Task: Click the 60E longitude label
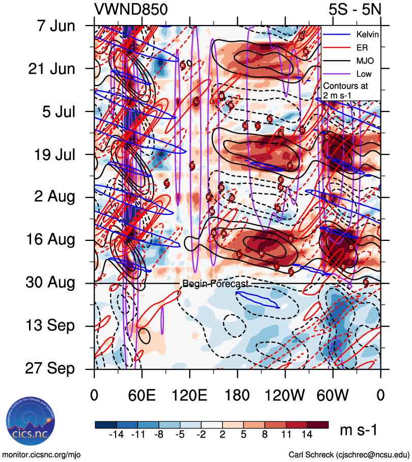coord(142,395)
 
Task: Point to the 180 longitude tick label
coord(237,395)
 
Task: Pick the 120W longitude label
coord(285,395)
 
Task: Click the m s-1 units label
coord(359,431)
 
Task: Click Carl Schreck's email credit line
coord(349,454)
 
